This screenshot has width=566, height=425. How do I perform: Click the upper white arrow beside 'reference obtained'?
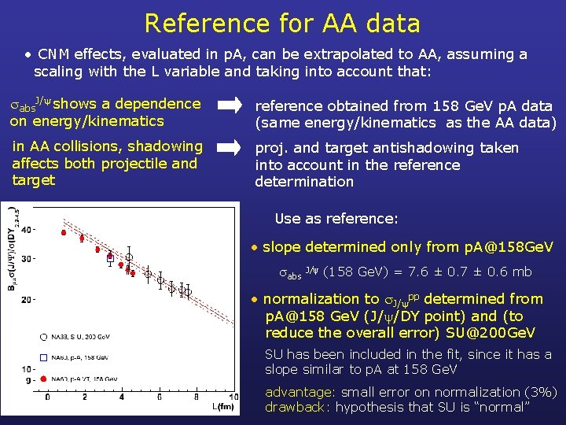tap(230, 105)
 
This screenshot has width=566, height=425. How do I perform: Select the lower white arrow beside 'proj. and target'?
tap(230, 147)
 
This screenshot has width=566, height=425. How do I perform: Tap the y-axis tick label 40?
tap(28, 230)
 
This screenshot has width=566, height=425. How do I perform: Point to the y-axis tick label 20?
tap(28, 299)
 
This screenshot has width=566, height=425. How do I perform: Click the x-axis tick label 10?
tap(233, 397)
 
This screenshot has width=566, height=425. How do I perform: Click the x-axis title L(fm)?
tap(222, 406)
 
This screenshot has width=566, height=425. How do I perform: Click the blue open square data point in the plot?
tap(110, 257)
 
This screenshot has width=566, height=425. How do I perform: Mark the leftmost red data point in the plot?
tap(64, 233)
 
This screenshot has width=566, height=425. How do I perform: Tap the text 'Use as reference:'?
tap(336, 219)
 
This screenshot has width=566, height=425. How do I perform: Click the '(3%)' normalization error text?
tap(540, 392)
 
